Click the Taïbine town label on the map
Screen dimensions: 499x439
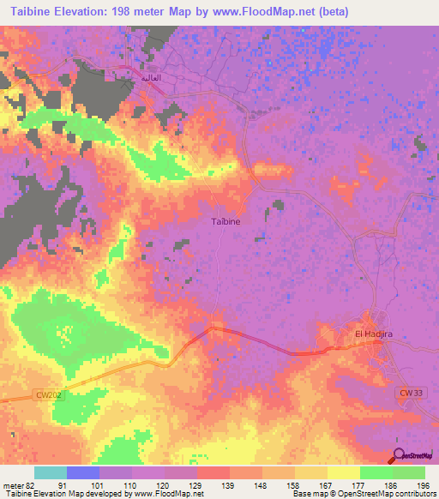coord(226,221)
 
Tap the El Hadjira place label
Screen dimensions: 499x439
coord(372,333)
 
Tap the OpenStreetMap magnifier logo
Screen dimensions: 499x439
coord(400,455)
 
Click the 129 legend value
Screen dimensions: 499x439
coord(197,484)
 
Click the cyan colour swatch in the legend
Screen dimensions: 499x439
coord(50,472)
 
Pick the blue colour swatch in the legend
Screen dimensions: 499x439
coord(82,472)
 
